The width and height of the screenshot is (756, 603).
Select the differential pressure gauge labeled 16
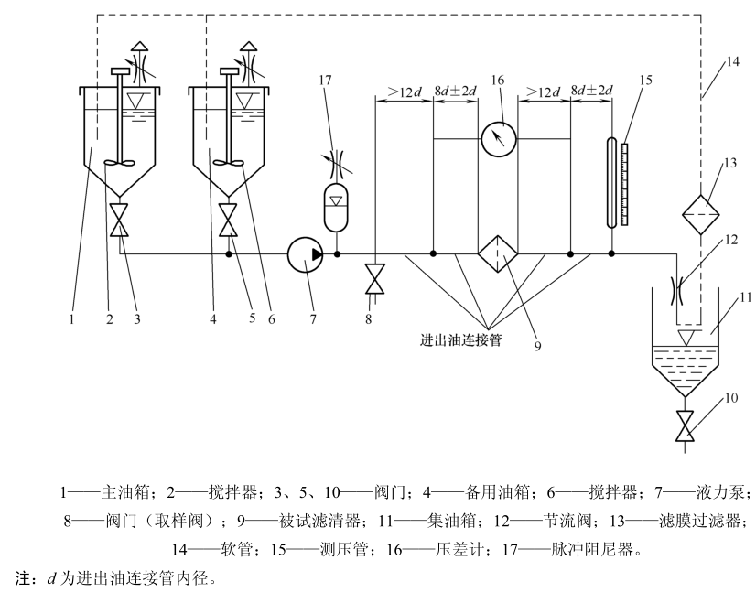(x=498, y=138)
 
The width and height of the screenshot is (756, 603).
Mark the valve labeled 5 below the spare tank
(x=228, y=221)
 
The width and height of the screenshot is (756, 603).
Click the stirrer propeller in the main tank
(x=119, y=164)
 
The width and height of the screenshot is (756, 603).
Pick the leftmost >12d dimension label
(x=404, y=92)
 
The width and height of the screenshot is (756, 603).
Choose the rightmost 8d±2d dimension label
(x=591, y=92)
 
